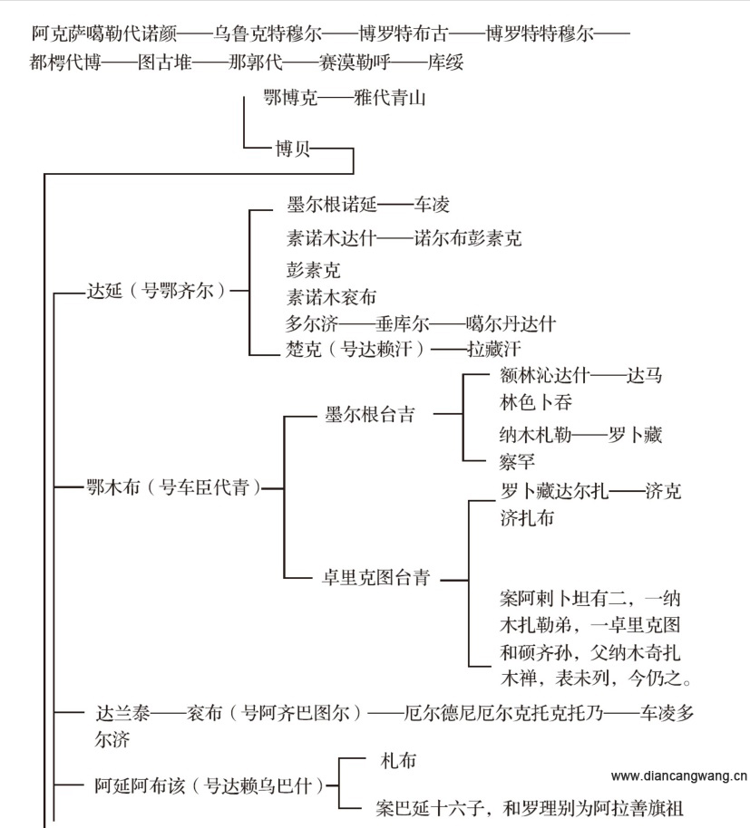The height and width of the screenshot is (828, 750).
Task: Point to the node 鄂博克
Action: [290, 98]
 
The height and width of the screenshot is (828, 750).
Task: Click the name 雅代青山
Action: [390, 98]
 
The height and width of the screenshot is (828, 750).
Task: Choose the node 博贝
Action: [293, 149]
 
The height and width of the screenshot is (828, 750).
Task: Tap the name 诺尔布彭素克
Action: [468, 239]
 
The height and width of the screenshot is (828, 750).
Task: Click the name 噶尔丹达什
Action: [511, 323]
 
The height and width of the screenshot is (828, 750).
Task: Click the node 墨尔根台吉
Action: [370, 415]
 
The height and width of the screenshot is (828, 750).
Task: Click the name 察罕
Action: [517, 462]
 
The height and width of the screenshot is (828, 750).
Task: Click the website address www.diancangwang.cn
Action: [678, 776]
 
